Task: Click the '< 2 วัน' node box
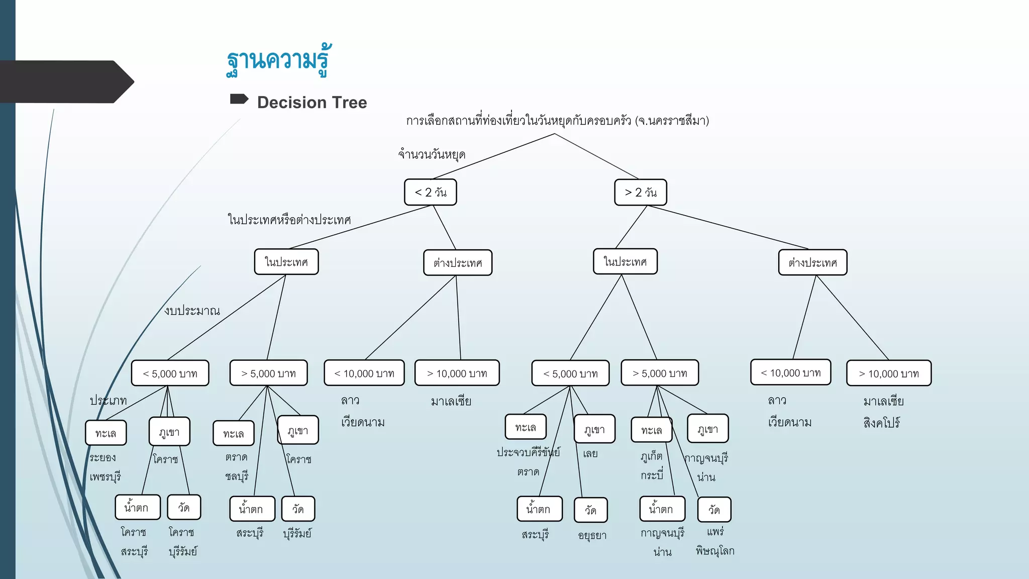pyautogui.click(x=431, y=192)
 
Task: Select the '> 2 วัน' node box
pyautogui.click(x=641, y=192)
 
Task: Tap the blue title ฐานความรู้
pyautogui.click(x=278, y=61)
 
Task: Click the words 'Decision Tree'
pyautogui.click(x=312, y=103)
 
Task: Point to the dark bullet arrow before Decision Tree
pyautogui.click(x=239, y=99)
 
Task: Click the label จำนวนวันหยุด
pyautogui.click(x=432, y=154)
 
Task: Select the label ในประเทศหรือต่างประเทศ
pyautogui.click(x=289, y=220)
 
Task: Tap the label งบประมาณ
pyautogui.click(x=192, y=311)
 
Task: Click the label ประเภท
pyautogui.click(x=108, y=401)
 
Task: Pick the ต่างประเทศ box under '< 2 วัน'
pyautogui.click(x=458, y=263)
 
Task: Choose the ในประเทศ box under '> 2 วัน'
pyautogui.click(x=625, y=262)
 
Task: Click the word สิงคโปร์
pyautogui.click(x=881, y=423)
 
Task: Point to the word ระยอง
pyautogui.click(x=102, y=457)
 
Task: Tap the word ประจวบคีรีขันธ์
pyautogui.click(x=528, y=452)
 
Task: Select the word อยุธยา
pyautogui.click(x=592, y=536)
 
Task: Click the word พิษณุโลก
pyautogui.click(x=715, y=551)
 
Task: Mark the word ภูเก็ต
pyautogui.click(x=652, y=456)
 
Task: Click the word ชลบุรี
pyautogui.click(x=237, y=476)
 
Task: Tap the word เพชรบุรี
pyautogui.click(x=105, y=476)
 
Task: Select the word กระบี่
pyautogui.click(x=652, y=475)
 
